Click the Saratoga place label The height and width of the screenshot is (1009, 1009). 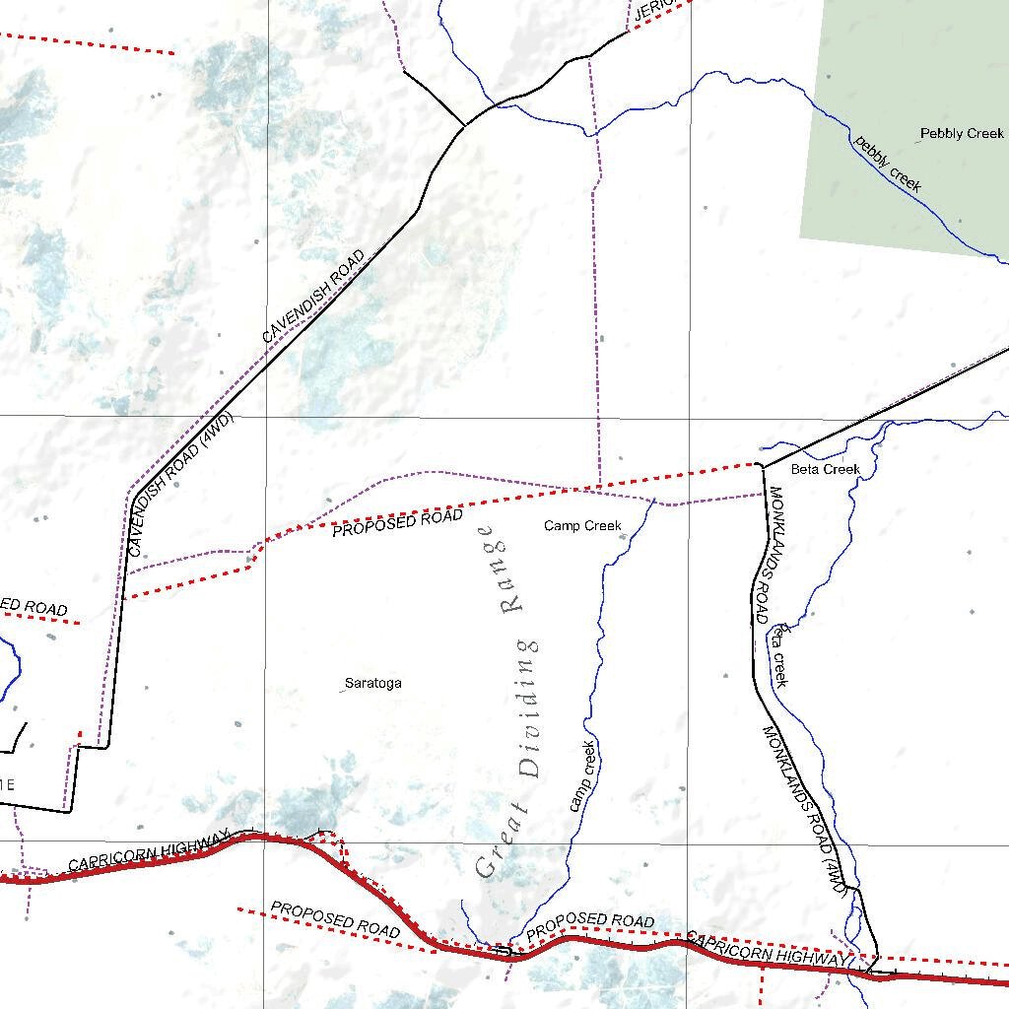(x=372, y=683)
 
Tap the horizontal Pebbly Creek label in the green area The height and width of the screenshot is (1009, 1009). (x=962, y=133)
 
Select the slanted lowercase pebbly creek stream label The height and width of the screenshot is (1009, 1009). (x=888, y=163)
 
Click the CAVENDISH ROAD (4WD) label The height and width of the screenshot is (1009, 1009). (x=181, y=485)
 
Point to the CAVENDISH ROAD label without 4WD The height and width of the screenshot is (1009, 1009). (x=313, y=297)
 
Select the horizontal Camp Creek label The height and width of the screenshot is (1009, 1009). (x=582, y=526)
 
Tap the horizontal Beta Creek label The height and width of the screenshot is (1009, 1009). (x=826, y=469)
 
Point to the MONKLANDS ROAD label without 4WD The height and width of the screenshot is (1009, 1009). (x=768, y=555)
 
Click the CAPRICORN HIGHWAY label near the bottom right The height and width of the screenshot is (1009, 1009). (x=766, y=948)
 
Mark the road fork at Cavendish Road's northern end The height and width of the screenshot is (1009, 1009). (x=465, y=126)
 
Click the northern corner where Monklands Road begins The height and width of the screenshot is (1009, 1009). (x=763, y=465)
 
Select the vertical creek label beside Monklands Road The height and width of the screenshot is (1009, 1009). (x=780, y=653)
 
